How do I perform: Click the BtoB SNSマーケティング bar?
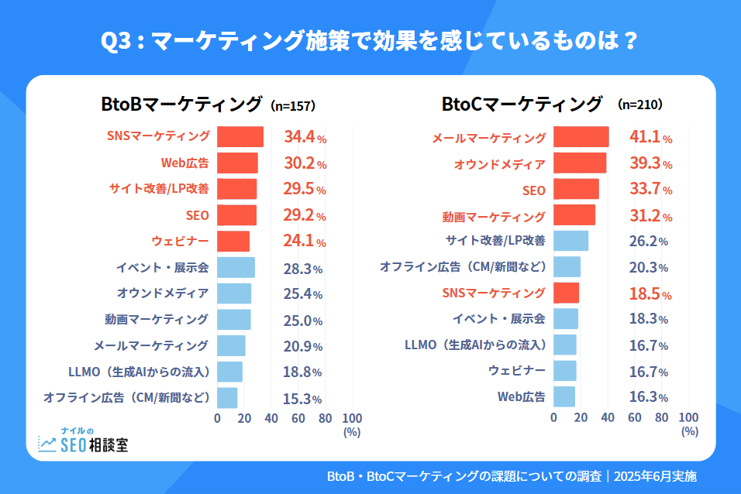(240, 136)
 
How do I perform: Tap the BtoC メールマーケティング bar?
(581, 137)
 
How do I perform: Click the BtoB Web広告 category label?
(185, 163)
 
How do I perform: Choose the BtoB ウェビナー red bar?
(233, 241)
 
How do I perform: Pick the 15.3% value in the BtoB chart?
(302, 399)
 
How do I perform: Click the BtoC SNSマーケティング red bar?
(566, 293)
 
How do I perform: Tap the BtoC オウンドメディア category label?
(499, 164)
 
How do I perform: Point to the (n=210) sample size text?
(640, 104)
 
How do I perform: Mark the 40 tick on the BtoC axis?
(607, 418)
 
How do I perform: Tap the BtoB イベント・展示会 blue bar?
(236, 267)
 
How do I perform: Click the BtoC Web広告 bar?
(564, 396)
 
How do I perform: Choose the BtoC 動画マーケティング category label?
(494, 216)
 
